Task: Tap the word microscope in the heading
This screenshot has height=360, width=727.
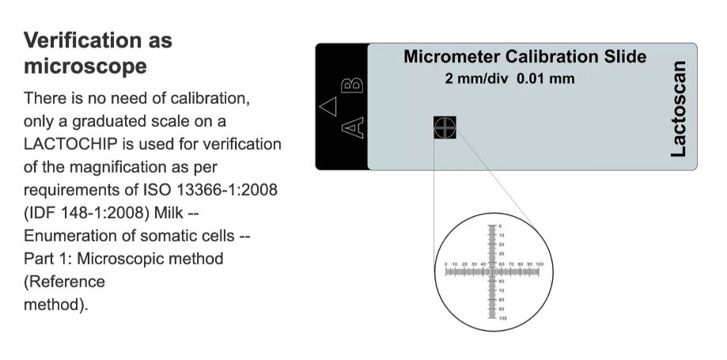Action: (x=85, y=66)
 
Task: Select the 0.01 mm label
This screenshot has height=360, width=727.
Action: (x=546, y=78)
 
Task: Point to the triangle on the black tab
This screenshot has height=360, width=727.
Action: (x=328, y=104)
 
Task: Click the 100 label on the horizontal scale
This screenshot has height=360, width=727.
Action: (x=540, y=263)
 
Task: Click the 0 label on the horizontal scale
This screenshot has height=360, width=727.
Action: (x=446, y=263)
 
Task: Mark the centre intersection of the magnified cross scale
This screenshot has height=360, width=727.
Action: (x=493, y=271)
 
